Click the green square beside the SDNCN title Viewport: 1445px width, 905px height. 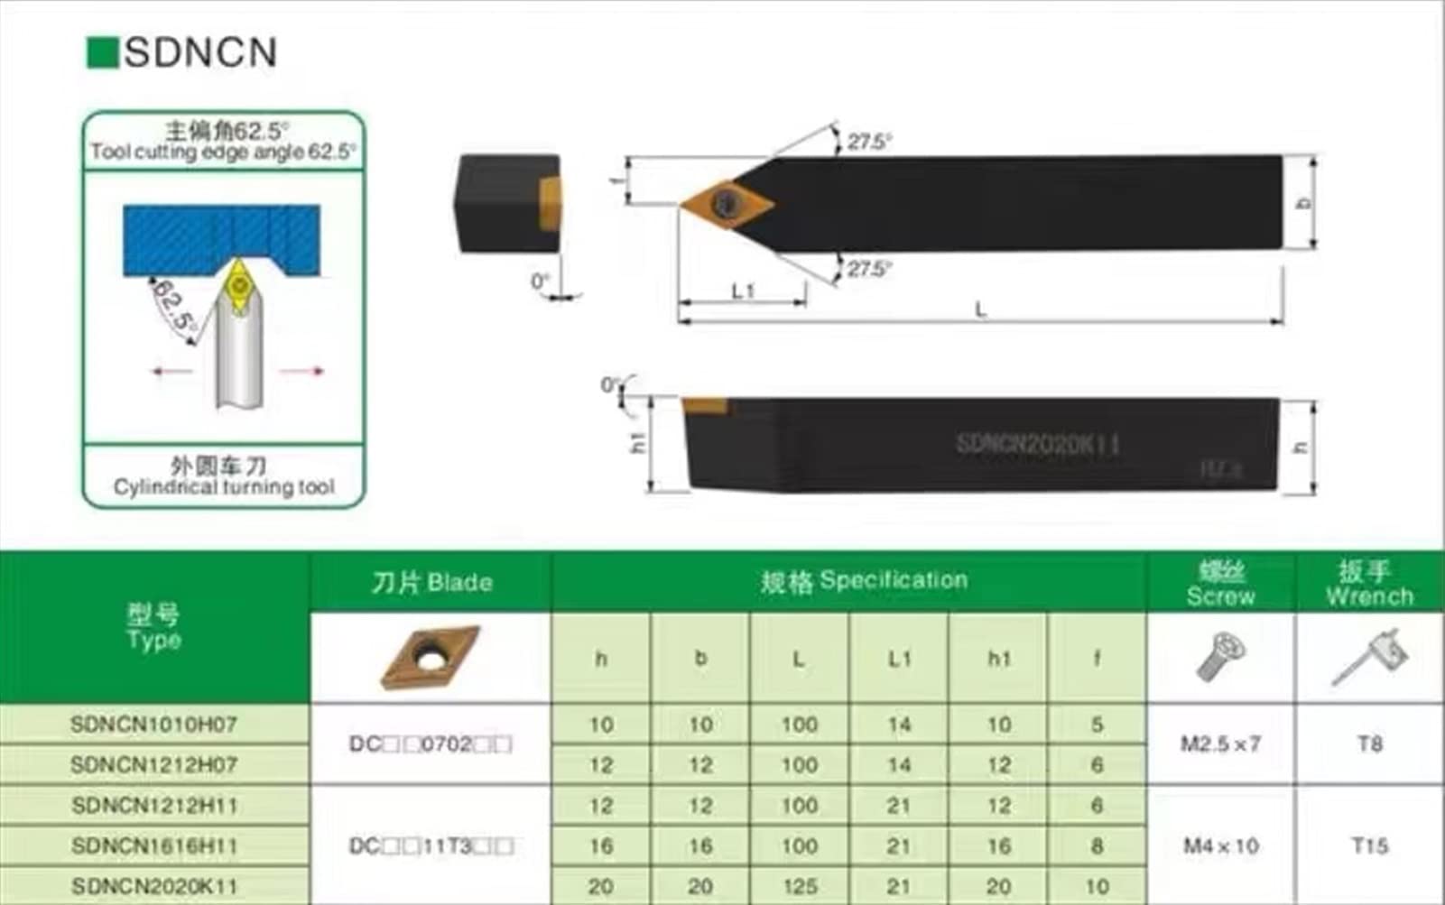point(102,52)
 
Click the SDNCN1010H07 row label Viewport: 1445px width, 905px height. point(153,725)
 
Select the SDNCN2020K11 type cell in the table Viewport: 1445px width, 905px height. point(153,886)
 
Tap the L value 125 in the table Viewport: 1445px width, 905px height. point(799,886)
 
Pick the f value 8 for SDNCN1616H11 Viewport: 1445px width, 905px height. point(1097,845)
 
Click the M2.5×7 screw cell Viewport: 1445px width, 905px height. point(1220,744)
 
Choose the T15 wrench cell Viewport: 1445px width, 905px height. point(1369,845)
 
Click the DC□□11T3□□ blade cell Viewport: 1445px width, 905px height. point(431,845)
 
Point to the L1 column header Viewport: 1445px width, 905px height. point(899,659)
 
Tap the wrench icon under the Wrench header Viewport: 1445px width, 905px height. point(1369,657)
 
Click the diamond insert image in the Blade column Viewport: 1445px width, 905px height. point(430,657)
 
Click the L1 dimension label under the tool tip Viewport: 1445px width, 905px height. point(742,291)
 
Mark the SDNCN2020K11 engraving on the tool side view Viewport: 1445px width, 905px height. point(1038,444)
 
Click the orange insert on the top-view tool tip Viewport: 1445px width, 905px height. point(726,203)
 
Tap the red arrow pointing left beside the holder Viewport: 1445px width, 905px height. point(171,371)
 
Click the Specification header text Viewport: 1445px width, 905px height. point(864,580)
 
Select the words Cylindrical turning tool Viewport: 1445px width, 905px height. point(224,487)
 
